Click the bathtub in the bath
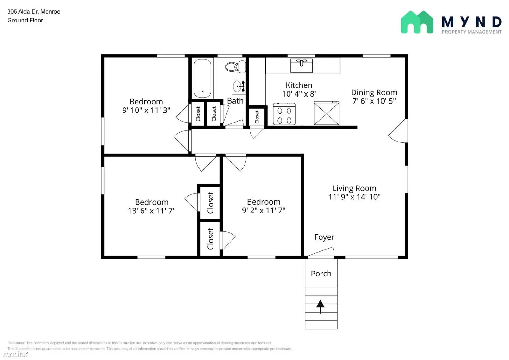point(202,78)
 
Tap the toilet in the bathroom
point(235,67)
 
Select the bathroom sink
point(238,86)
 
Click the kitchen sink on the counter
point(302,65)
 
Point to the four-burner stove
point(284,114)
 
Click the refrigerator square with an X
point(326,113)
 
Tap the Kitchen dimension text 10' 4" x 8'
point(299,94)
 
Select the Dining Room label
point(374,93)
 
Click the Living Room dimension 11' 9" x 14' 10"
point(354,197)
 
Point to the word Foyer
point(324,237)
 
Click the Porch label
point(321,274)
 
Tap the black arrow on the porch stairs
point(320,306)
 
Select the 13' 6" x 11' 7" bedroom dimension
point(152,211)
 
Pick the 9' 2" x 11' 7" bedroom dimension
point(263,210)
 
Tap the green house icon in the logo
point(417,22)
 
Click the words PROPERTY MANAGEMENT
point(471,32)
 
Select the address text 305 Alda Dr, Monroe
point(34,12)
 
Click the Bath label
point(235,101)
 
